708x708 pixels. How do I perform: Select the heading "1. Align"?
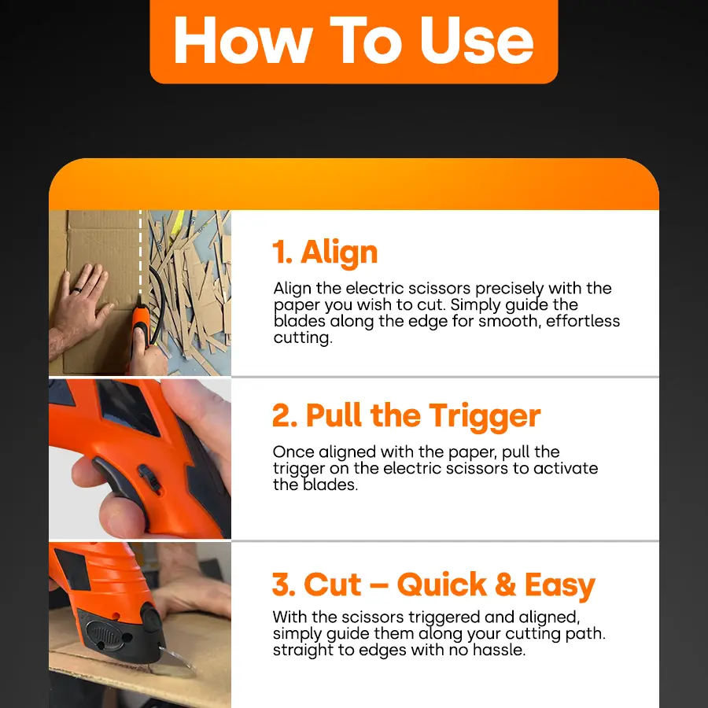325,253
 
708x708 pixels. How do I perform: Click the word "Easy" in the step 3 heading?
559,585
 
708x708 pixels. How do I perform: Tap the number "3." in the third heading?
284,585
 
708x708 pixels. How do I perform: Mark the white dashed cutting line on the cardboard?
142,252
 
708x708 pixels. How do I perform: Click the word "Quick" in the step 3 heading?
441,585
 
